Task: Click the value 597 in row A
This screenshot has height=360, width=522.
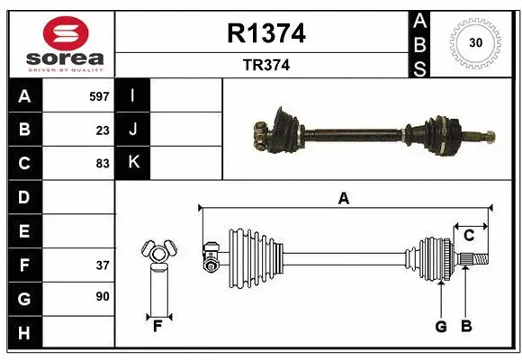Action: [x=100, y=95]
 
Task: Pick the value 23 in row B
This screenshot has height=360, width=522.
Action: [x=103, y=130]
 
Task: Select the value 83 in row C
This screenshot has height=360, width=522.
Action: [x=103, y=164]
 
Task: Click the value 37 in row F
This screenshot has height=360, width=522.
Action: [x=103, y=265]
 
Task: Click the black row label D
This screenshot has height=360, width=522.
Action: [x=24, y=196]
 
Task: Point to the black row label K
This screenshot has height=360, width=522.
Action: [x=134, y=163]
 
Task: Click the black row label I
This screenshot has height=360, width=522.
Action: [x=134, y=95]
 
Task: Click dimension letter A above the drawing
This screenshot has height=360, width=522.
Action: [x=343, y=199]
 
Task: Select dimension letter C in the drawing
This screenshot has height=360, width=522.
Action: [x=468, y=236]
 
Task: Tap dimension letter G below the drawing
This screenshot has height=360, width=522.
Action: [x=441, y=326]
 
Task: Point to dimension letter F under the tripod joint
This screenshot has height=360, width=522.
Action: [x=156, y=326]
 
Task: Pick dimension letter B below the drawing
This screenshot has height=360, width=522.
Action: [x=466, y=326]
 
